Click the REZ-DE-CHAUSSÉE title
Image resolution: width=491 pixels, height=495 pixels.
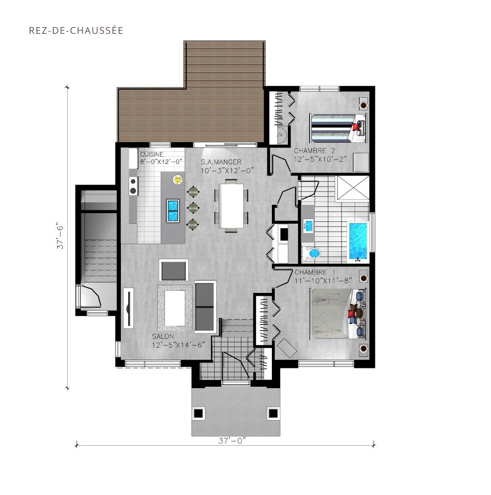coord(76,30)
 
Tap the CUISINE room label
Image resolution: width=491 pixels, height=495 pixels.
coord(151,154)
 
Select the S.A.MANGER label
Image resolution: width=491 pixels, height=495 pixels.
coord(221,162)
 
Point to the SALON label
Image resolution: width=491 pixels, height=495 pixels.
coord(163,336)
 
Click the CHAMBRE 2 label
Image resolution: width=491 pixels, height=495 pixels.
coord(314,151)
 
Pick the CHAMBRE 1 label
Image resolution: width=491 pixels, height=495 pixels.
coord(315,272)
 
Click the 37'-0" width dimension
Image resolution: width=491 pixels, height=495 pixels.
coord(232,440)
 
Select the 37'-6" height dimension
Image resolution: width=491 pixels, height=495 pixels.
coord(60,237)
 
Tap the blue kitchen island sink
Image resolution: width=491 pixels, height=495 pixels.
coord(173,211)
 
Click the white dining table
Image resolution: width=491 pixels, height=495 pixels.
coord(231,205)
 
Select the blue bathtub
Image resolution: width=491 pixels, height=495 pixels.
coord(358,242)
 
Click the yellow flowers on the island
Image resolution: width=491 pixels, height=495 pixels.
coord(178,180)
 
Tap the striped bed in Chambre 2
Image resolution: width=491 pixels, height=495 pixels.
coord(338,128)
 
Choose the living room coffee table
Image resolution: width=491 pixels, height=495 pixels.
coord(175,308)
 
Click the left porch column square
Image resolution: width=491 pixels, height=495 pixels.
coord(198,413)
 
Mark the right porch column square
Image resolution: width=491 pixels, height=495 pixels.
coord(273,413)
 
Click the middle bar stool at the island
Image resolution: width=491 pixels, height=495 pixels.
coord(193,207)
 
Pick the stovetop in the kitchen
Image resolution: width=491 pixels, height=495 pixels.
coord(133,186)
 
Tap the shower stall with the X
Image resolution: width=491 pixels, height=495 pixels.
coord(353,188)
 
